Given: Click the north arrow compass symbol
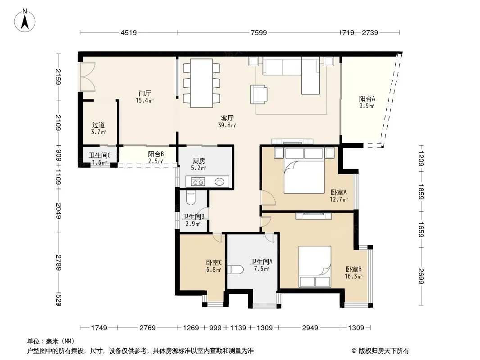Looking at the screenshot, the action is (25, 20).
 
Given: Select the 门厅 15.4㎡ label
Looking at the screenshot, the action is (145, 97).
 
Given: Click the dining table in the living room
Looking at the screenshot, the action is (201, 83).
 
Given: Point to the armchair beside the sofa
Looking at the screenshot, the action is (258, 94).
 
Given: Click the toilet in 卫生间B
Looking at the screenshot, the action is (190, 198).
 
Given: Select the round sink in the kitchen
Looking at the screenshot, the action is (219, 182).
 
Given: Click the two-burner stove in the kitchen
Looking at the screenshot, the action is (198, 182).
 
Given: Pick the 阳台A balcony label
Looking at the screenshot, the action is (367, 102).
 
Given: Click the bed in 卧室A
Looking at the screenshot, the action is (304, 171).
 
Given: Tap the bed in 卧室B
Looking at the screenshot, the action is (315, 267).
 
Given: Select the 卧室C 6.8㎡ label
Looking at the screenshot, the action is (214, 266).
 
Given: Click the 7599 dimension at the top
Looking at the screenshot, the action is (258, 32).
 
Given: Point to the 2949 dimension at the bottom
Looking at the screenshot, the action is (310, 328).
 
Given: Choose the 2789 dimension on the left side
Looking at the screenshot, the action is (58, 263).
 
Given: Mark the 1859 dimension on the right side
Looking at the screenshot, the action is (421, 192).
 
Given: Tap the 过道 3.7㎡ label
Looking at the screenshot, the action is (98, 128).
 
